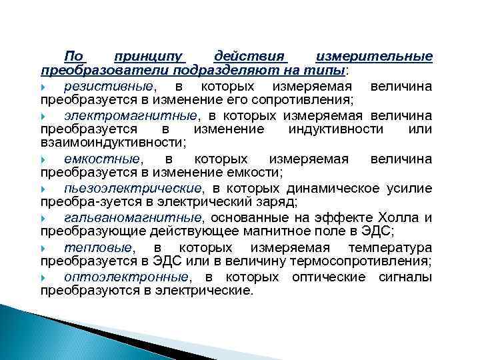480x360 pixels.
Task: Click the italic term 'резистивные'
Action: [x=109, y=87]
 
